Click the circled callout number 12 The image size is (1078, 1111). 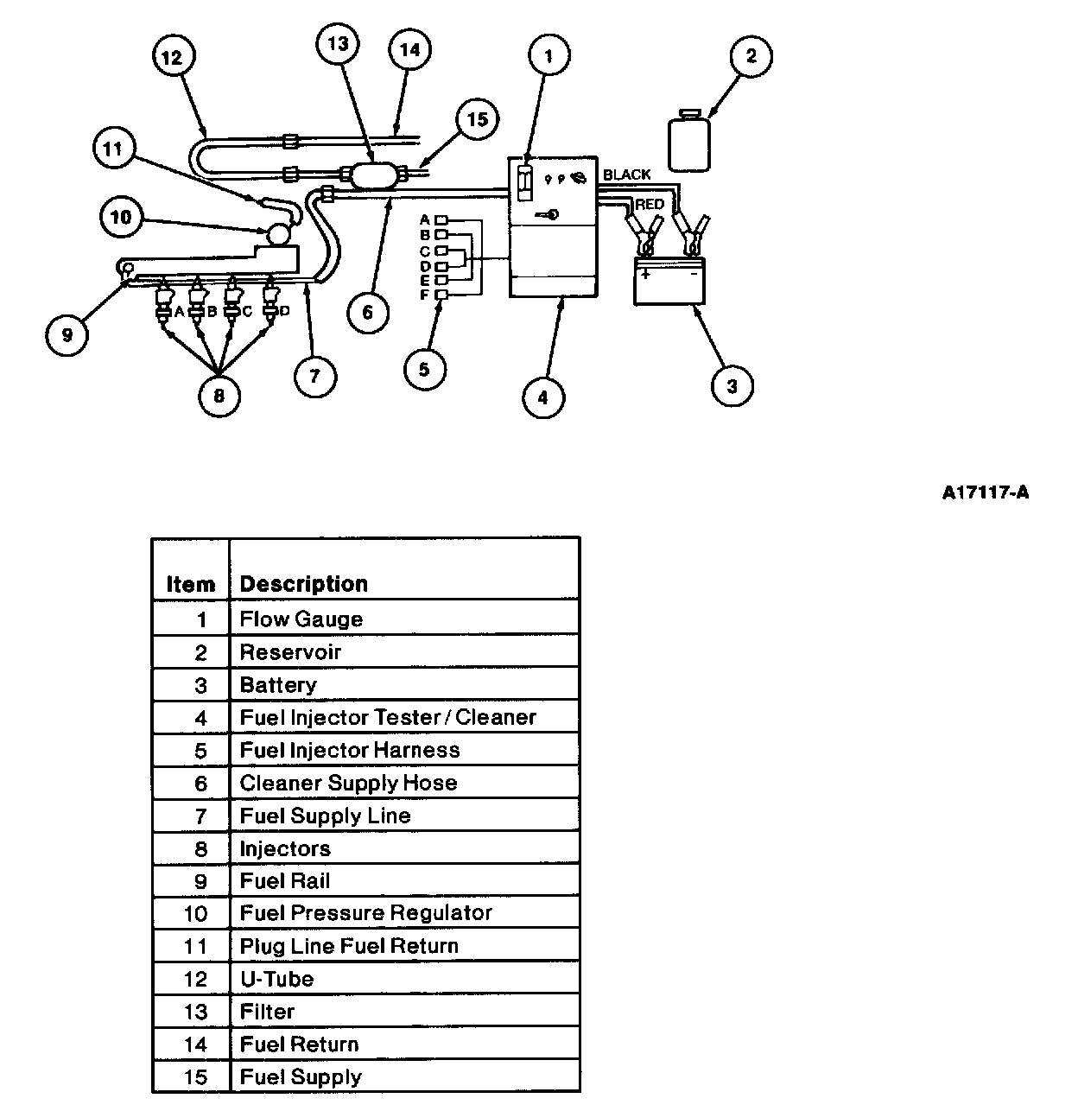(x=174, y=56)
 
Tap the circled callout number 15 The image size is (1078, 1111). (x=478, y=119)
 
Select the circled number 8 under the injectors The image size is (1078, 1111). (x=219, y=395)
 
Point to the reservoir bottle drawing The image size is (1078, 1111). (x=689, y=141)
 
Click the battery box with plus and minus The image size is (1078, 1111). (x=669, y=280)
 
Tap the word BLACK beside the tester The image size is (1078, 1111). (x=627, y=175)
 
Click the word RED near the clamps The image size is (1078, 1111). (x=650, y=204)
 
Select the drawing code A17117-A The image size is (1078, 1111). (x=986, y=492)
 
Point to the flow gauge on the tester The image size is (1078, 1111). (x=524, y=182)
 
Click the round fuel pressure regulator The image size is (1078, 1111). (x=279, y=233)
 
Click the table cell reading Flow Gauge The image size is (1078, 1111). (x=404, y=619)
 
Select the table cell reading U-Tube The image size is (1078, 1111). (x=404, y=978)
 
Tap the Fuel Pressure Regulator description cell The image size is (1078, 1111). (x=404, y=912)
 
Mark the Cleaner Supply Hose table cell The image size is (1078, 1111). (x=404, y=782)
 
